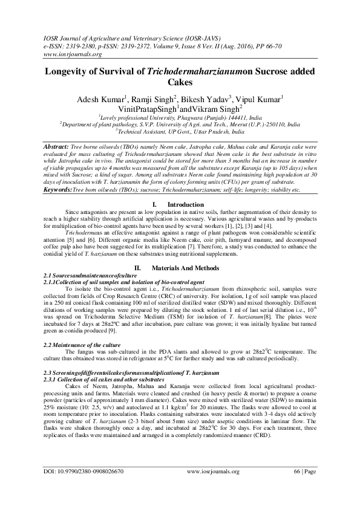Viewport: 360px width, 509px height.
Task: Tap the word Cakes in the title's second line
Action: [180, 82]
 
